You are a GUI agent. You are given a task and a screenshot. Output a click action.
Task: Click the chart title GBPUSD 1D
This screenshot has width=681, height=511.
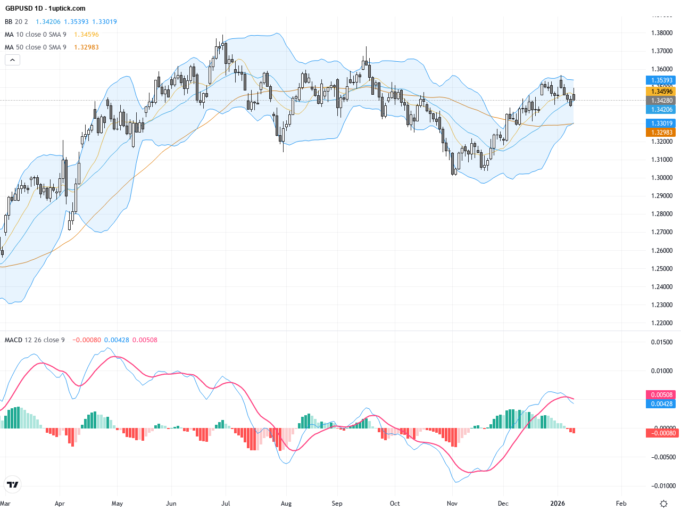click(x=23, y=9)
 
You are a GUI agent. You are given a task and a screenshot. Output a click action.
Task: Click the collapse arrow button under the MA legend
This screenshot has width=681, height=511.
click(x=12, y=60)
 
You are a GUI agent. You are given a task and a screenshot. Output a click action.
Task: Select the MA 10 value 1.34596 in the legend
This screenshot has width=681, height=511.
click(x=86, y=35)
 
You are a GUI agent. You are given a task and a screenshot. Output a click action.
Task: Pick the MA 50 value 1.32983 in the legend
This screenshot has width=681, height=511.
click(x=86, y=47)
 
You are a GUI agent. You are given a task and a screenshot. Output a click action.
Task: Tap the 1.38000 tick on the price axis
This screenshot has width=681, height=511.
click(x=662, y=33)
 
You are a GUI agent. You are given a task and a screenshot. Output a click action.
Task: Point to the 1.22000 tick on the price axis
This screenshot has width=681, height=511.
click(x=662, y=323)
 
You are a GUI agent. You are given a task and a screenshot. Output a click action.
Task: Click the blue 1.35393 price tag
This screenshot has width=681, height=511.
click(x=662, y=80)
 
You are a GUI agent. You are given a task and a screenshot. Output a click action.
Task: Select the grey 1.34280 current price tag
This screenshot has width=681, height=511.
click(x=662, y=101)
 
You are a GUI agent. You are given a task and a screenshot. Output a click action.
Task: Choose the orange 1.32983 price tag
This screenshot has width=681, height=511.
click(x=662, y=133)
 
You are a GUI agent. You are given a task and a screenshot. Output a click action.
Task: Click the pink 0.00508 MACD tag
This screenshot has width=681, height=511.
click(x=662, y=395)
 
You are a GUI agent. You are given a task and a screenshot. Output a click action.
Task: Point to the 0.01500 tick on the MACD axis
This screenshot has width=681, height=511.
click(x=662, y=342)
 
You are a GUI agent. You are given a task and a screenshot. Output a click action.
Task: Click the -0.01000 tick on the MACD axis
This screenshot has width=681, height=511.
click(x=662, y=486)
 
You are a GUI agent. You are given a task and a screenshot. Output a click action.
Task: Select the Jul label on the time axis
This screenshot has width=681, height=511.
click(x=226, y=504)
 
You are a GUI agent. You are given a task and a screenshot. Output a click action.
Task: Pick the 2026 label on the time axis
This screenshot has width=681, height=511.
click(x=558, y=504)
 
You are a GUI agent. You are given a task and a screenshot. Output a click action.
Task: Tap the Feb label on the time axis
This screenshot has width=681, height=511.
click(x=621, y=504)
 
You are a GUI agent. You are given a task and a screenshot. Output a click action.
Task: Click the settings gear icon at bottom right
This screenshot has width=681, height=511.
click(x=663, y=504)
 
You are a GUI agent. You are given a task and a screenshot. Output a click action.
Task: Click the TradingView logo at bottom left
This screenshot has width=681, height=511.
click(x=12, y=484)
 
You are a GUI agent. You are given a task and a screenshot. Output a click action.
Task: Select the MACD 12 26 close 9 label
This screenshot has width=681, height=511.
click(x=35, y=340)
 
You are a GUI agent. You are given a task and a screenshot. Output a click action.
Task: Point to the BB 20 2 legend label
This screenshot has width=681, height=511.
click(x=16, y=22)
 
